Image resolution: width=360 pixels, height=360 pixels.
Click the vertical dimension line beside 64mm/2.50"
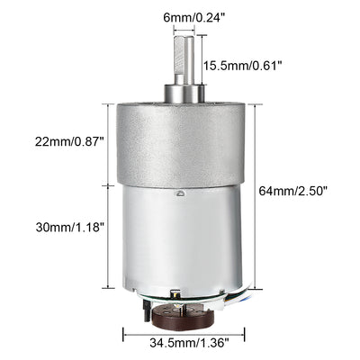pos(261,190)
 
